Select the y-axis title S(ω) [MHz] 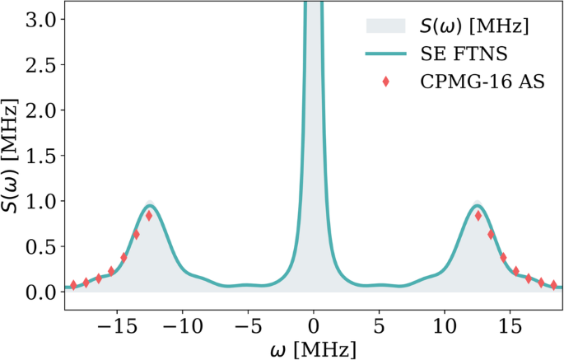coord(12,156)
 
